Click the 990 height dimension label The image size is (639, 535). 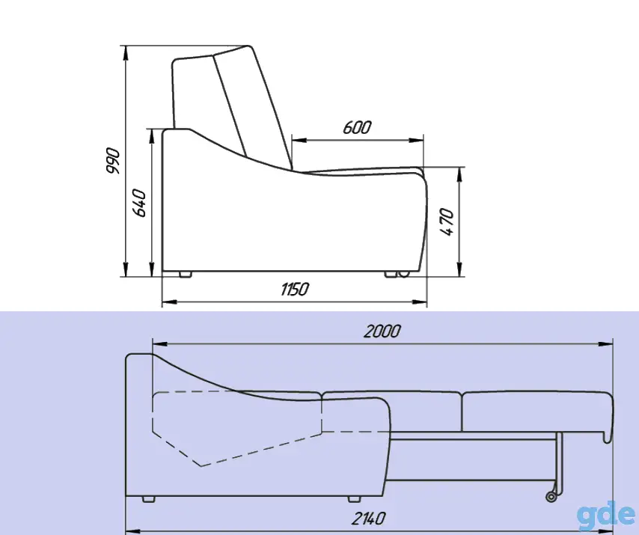click(x=113, y=161)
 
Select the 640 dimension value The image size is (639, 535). click(x=139, y=203)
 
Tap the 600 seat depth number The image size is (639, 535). click(x=357, y=127)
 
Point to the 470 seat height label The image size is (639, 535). click(x=447, y=221)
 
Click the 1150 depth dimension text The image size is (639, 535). click(x=295, y=290)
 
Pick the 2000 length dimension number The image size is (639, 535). click(x=382, y=331)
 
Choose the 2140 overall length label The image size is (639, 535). click(x=368, y=519)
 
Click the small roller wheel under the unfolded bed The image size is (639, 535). click(x=551, y=497)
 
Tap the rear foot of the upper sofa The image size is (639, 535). click(x=186, y=274)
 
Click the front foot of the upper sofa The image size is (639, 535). click(x=391, y=274)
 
